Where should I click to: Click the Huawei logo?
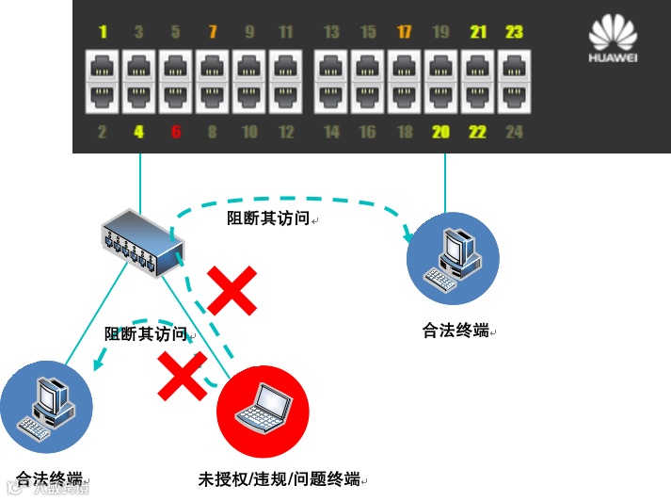[x=613, y=41]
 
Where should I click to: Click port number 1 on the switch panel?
[x=103, y=33]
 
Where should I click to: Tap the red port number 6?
[x=175, y=132]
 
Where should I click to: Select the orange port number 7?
[x=212, y=33]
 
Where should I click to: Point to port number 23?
[x=514, y=33]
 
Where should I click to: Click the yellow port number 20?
[x=440, y=132]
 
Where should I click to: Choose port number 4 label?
[x=138, y=132]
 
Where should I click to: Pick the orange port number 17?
[x=405, y=33]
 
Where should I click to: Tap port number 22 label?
[x=477, y=132]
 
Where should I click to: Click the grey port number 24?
[x=514, y=132]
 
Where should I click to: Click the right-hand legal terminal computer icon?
[x=452, y=258]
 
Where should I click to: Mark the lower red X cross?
[x=183, y=376]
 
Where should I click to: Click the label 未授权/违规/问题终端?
[x=280, y=477]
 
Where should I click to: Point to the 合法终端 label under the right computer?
[x=455, y=331]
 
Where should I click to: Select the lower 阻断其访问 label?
[x=146, y=333]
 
